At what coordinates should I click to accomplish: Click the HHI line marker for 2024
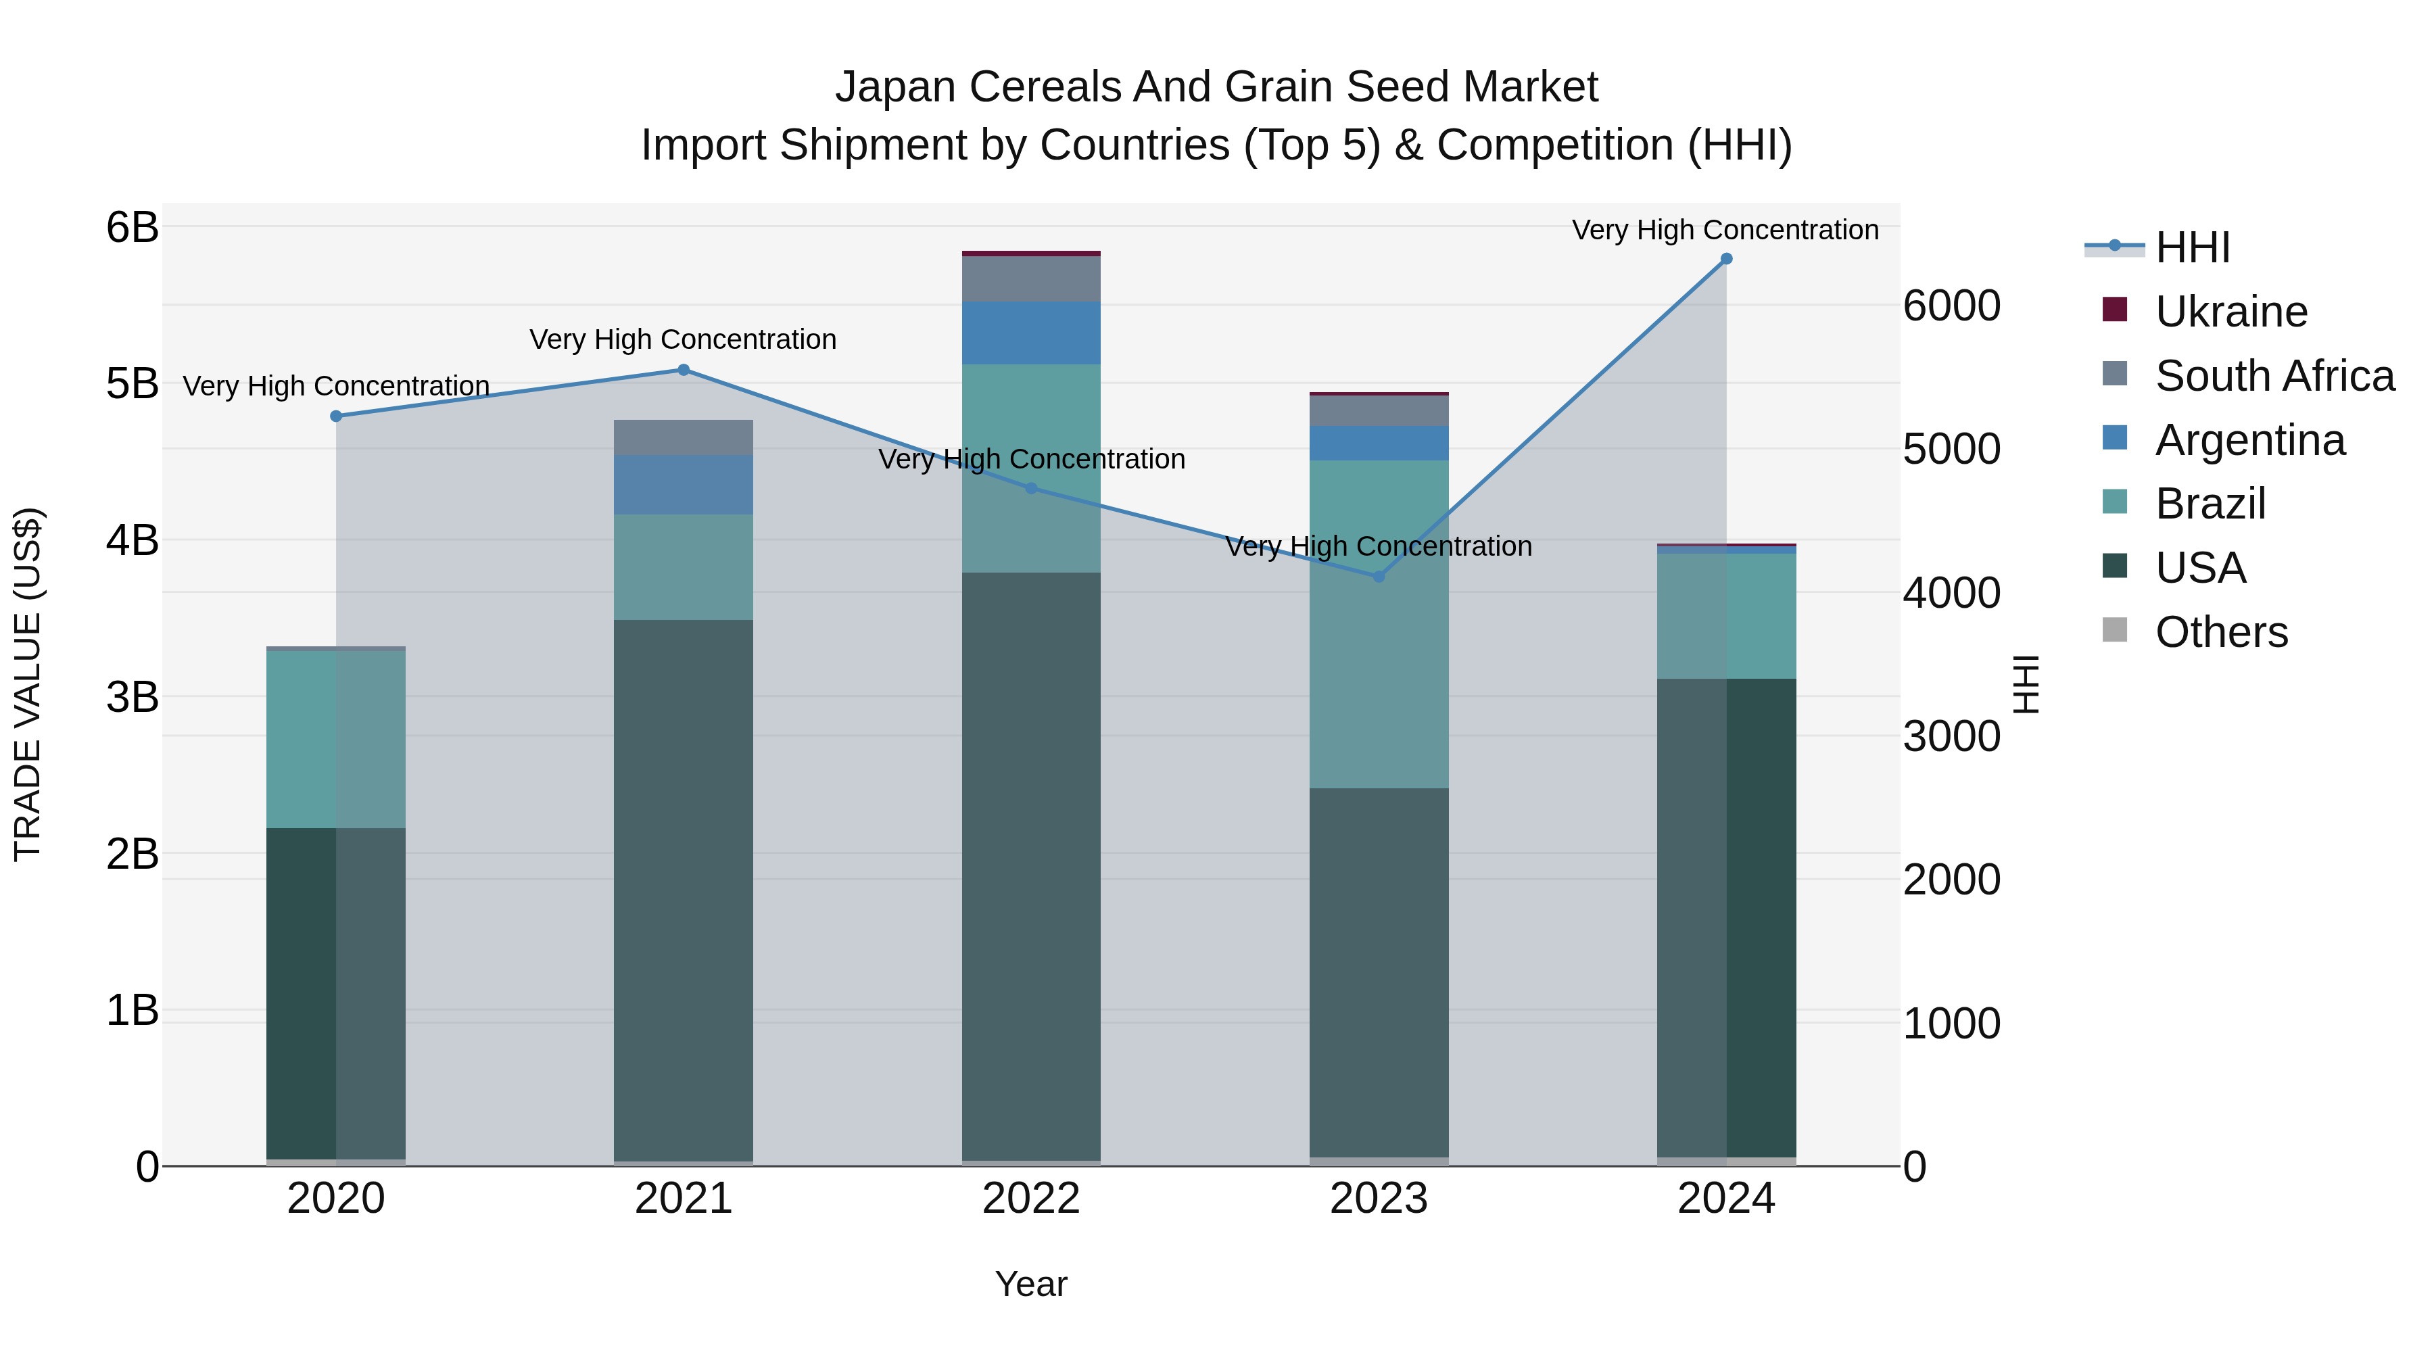click(x=1726, y=259)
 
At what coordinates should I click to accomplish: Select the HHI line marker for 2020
click(x=337, y=416)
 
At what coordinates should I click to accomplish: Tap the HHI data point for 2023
click(x=1379, y=576)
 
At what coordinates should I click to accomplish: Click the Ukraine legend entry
click(x=2231, y=312)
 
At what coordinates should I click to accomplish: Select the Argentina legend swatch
click(x=2115, y=438)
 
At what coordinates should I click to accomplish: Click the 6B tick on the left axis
click(x=133, y=228)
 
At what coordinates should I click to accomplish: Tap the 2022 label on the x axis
click(x=1031, y=1199)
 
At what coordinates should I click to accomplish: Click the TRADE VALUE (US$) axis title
click(x=28, y=684)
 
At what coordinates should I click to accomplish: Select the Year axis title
click(x=1031, y=1284)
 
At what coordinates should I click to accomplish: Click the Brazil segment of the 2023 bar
click(x=1379, y=623)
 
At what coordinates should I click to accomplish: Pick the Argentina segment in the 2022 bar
click(x=1031, y=333)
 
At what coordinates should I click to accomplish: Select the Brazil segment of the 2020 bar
click(x=337, y=739)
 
